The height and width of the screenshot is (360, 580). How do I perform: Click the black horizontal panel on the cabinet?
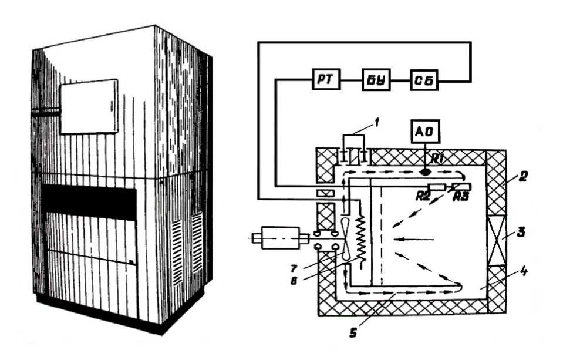[x=89, y=201]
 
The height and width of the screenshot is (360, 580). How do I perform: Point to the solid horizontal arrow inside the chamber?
[x=414, y=239]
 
